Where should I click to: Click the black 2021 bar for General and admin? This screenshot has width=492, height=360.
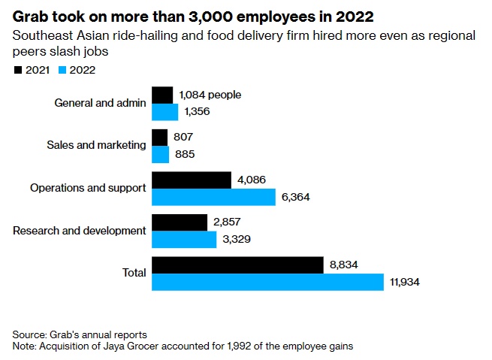point(162,95)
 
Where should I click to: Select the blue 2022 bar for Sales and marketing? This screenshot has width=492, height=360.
point(161,154)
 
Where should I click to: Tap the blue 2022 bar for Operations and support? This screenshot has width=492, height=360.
point(214,197)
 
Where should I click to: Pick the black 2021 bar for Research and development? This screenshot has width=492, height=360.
point(180,222)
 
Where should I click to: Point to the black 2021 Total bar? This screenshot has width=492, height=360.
point(237,265)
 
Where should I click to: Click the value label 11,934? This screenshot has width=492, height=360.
point(404,283)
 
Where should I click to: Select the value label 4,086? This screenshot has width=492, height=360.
point(251,180)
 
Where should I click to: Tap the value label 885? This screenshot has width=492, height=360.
point(184,155)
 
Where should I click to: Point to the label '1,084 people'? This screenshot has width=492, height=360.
point(210,95)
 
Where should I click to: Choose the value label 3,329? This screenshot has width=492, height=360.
point(234,240)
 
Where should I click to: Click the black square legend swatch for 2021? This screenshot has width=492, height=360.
point(18,70)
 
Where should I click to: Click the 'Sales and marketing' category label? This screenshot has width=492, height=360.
point(96,145)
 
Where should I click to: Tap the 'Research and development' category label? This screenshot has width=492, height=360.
point(80,230)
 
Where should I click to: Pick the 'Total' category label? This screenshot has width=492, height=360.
point(134,273)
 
